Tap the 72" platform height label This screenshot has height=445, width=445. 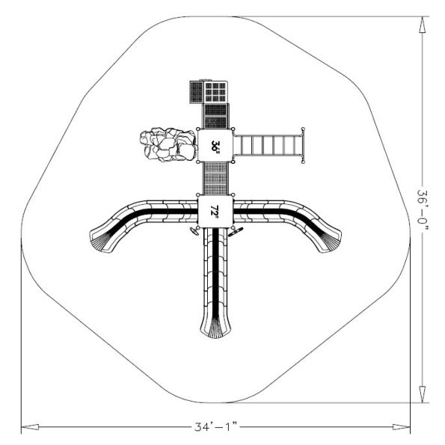pos(215,212)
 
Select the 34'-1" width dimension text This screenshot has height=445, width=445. pos(215,428)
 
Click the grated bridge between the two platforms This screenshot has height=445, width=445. pos(215,178)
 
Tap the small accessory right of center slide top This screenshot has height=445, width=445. pos(236,233)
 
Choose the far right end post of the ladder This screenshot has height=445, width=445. pos(303,144)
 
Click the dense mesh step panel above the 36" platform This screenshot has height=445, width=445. pos(216,116)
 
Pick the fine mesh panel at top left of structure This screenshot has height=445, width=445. pos(194,93)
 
